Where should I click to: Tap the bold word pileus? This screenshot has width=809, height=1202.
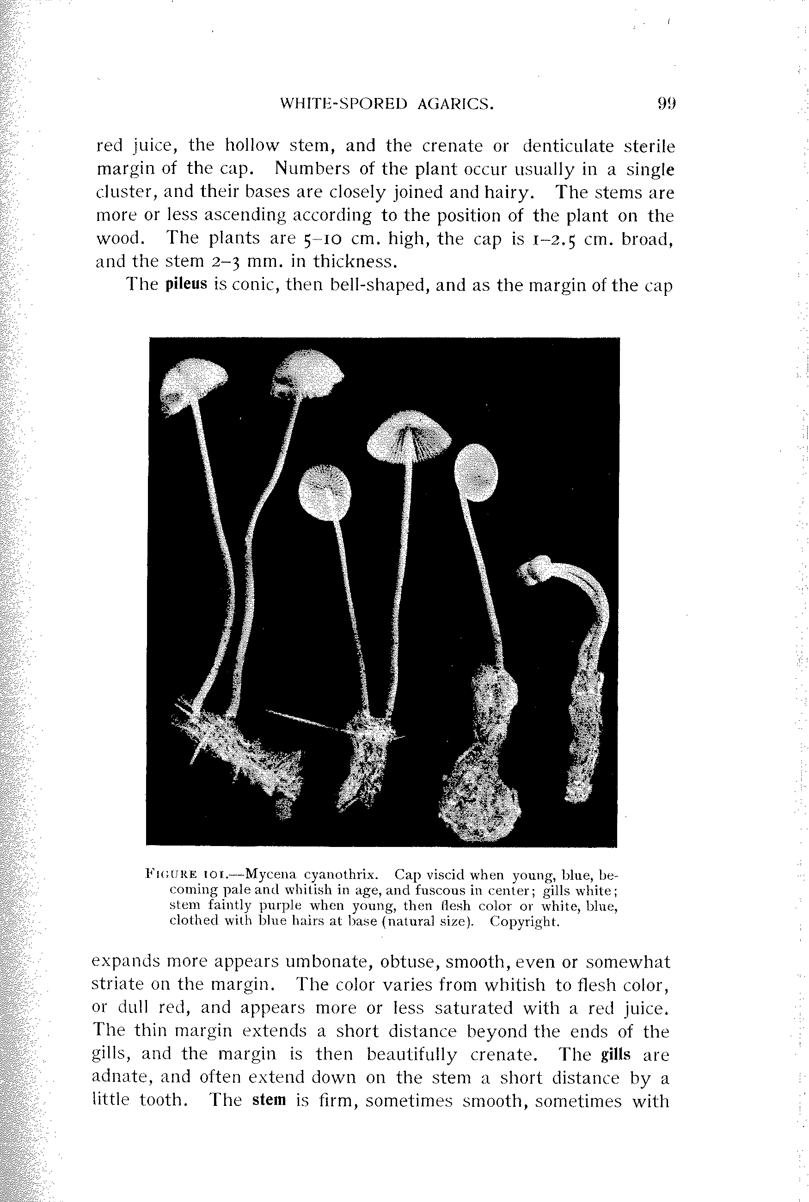[x=186, y=284]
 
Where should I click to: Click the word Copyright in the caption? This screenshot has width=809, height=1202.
[x=524, y=921]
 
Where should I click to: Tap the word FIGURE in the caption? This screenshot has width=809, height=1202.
[x=171, y=874]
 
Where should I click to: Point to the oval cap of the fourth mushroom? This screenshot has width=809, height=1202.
[x=477, y=472]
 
